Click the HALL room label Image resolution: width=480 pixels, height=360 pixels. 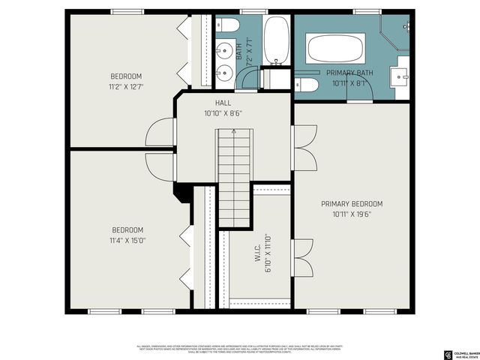tap(223, 103)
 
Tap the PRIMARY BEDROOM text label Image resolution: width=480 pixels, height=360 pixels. tap(352, 204)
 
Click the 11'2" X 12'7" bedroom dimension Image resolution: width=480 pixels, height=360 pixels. tap(126, 87)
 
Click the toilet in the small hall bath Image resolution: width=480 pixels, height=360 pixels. tap(229, 27)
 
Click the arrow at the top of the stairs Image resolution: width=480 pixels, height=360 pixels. tap(234, 133)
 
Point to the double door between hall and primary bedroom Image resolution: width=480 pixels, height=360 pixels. tap(303, 146)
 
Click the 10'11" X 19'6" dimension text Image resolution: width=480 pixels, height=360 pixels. tap(352, 214)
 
